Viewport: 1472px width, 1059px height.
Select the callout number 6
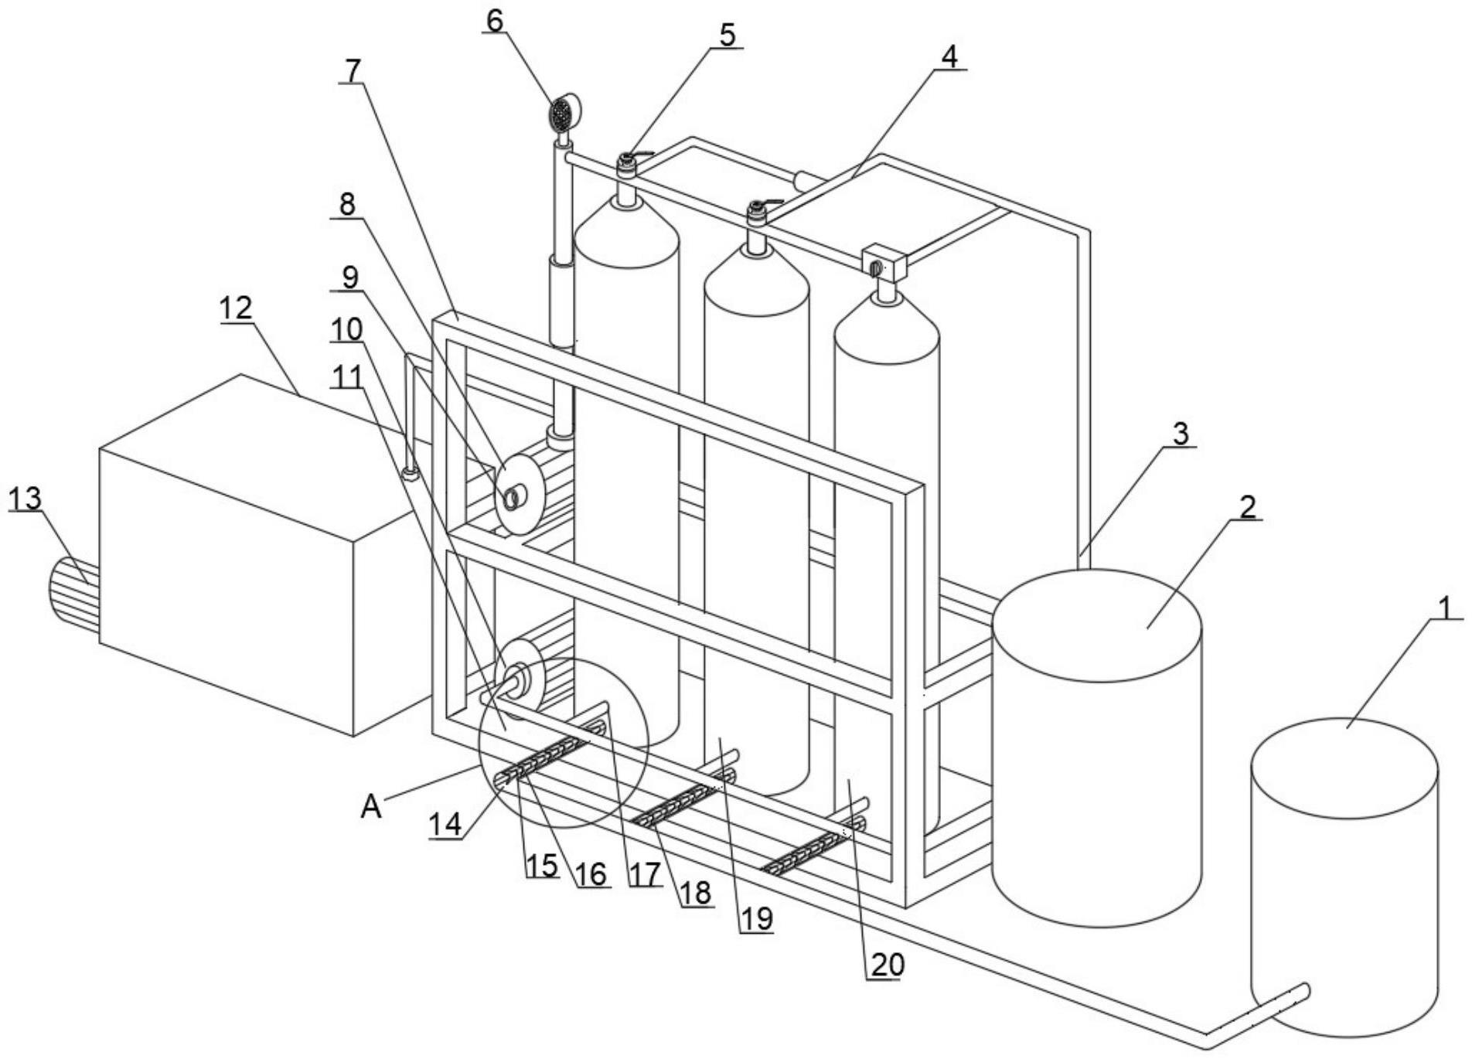(494, 20)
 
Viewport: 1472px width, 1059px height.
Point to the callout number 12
(236, 308)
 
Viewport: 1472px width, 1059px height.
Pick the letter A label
(371, 806)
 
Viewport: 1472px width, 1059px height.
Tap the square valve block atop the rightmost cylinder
(884, 263)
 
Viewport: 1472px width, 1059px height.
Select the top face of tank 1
(1344, 766)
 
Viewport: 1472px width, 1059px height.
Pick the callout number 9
(349, 277)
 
